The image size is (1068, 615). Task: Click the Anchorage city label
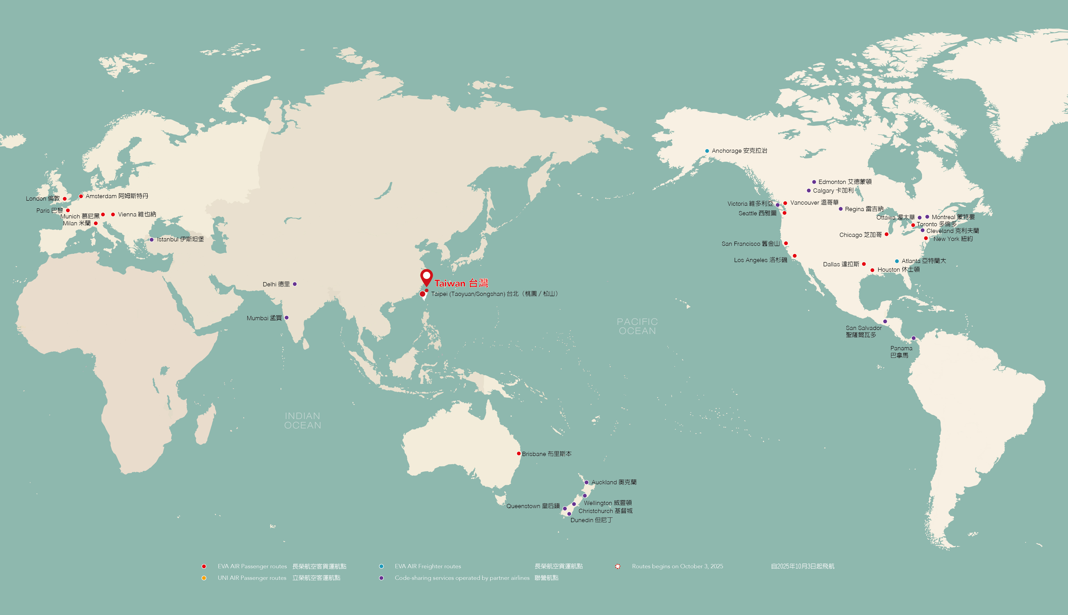pos(739,151)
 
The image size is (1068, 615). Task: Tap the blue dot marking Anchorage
pos(707,151)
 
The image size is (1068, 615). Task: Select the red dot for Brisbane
pos(519,454)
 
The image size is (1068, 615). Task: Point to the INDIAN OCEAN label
pos(303,421)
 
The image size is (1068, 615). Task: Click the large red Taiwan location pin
pos(427,277)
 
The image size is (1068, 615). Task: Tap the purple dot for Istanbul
pos(152,240)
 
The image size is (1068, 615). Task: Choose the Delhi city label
pos(276,284)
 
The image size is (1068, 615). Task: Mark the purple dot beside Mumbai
pos(287,318)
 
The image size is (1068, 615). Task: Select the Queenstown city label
pos(533,506)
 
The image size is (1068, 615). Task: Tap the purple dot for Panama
pos(914,338)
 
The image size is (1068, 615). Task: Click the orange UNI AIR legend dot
pos(204,578)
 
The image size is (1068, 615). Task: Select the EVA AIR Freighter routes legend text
pos(428,566)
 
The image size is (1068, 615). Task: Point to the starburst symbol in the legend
pos(618,566)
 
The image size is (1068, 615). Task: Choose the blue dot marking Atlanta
pos(897,261)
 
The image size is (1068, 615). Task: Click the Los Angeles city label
pos(760,260)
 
